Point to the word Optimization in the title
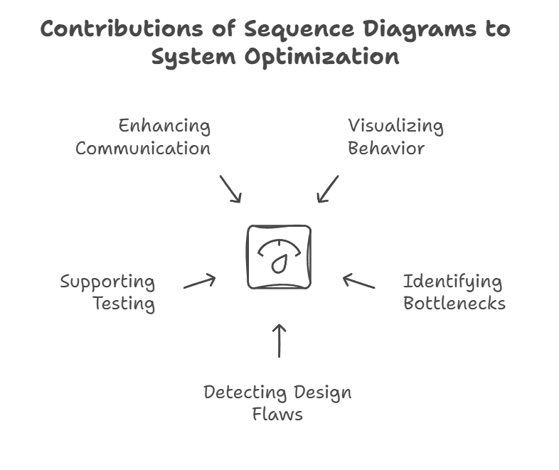click(x=321, y=57)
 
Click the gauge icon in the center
click(x=279, y=257)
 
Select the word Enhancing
click(x=164, y=127)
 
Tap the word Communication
click(x=143, y=149)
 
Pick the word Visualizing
click(x=395, y=127)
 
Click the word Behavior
click(x=386, y=149)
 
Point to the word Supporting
click(x=107, y=282)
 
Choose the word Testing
click(x=124, y=304)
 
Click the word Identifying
click(x=452, y=282)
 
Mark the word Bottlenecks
click(x=454, y=304)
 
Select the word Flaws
click(x=277, y=414)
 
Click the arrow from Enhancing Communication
click(x=230, y=188)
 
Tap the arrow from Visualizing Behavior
click(x=328, y=188)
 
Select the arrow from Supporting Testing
click(x=200, y=282)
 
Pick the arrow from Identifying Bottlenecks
click(x=358, y=282)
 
